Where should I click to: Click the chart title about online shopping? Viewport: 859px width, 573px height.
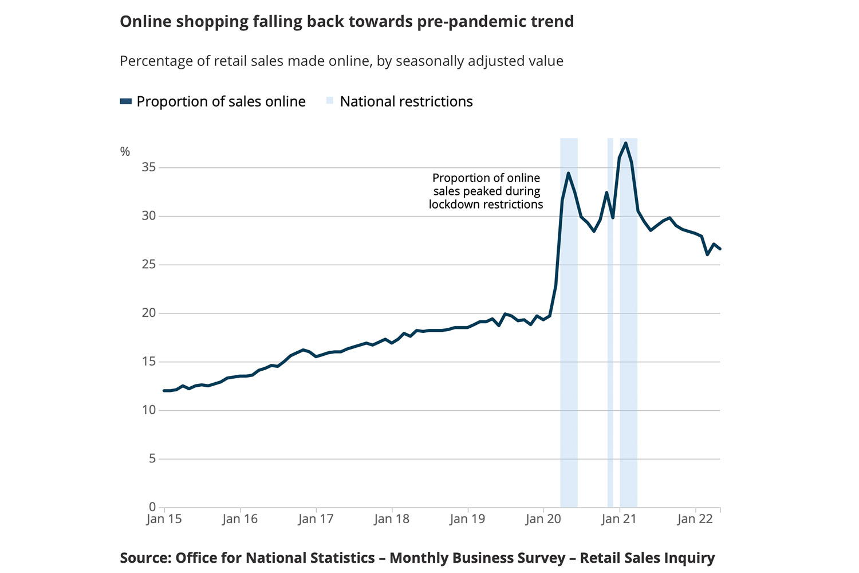point(346,22)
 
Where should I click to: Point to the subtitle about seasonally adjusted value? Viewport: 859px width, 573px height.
point(341,61)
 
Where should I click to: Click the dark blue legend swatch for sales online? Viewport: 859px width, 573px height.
point(126,101)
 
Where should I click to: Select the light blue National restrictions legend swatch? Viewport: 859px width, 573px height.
point(330,101)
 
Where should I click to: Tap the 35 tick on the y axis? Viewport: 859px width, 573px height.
point(149,167)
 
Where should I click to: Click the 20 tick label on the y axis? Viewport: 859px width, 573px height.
point(149,313)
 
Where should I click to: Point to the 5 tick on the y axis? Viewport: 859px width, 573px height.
point(152,458)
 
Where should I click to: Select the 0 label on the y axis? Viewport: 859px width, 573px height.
point(152,507)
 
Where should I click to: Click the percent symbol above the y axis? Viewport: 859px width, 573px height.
point(125,152)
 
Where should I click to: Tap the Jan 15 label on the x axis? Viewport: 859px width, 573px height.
point(164,519)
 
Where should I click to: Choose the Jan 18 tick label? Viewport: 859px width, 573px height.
point(392,519)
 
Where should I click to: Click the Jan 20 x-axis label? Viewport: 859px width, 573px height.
point(543,519)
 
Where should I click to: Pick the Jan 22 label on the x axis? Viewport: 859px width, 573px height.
point(695,519)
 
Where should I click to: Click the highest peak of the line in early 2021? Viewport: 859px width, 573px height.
point(626,143)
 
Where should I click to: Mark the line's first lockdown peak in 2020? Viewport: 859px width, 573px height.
point(568,173)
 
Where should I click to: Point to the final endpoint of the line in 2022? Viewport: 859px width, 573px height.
point(720,249)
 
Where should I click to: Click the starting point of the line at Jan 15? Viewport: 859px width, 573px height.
point(164,391)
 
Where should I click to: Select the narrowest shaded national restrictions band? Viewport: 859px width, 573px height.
point(610,321)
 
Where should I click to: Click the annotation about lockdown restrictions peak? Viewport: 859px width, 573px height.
point(486,191)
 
